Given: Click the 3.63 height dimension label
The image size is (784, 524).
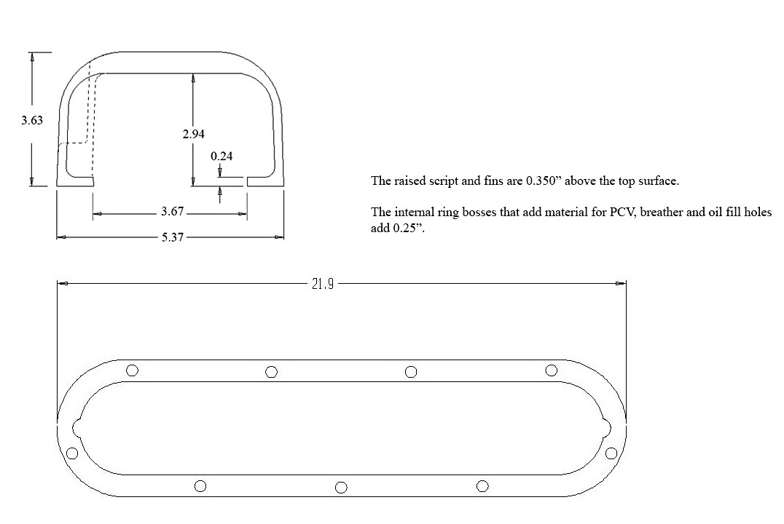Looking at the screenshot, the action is tap(32, 120).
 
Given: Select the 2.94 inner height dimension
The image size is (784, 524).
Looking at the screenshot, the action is tap(194, 134).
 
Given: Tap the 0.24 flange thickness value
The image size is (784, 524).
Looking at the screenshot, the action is tap(222, 156).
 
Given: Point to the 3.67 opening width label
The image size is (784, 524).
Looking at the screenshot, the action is tap(173, 212).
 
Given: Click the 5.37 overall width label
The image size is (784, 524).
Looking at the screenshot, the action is tap(173, 237).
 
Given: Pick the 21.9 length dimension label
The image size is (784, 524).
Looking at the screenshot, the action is tap(323, 285).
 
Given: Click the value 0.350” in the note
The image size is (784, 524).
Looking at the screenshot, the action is tap(544, 180).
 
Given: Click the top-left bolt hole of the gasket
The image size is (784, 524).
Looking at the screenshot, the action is tap(132, 370).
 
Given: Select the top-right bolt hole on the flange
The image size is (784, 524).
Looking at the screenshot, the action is tap(551, 370).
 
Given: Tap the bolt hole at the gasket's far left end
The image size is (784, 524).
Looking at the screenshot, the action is tap(72, 453).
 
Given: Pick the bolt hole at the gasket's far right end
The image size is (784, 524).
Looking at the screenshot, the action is tap(611, 453).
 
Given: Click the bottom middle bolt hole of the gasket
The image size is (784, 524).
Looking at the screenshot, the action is tap(341, 487).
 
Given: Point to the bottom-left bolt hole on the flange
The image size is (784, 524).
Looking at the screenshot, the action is tap(200, 486).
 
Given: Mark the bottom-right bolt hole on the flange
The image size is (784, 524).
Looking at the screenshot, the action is tap(482, 486).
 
